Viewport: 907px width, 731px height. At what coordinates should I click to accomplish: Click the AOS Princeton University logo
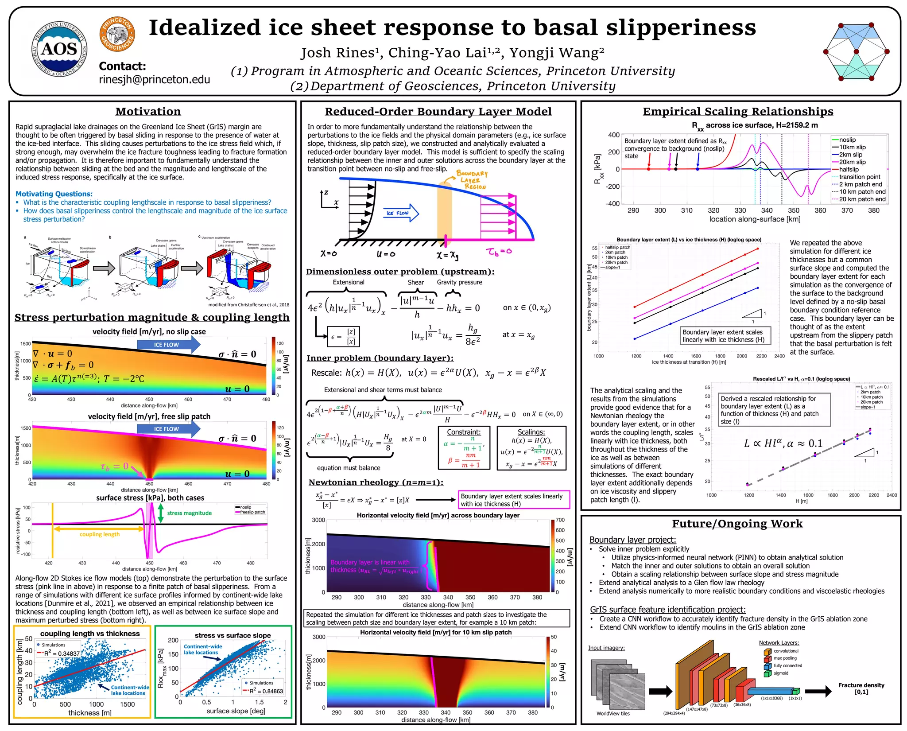point(59,49)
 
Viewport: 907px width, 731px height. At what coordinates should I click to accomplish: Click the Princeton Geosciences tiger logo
point(117,34)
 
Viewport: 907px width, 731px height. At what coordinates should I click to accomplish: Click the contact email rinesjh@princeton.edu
point(154,79)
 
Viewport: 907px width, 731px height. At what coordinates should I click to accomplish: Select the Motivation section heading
point(148,112)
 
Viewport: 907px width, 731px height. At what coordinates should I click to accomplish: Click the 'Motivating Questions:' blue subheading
point(54,194)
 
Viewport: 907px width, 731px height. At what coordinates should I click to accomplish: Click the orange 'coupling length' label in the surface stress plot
point(100,534)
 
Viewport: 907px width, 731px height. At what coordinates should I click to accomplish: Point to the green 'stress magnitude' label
point(189,513)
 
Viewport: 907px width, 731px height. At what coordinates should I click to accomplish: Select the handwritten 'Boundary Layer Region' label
point(472,180)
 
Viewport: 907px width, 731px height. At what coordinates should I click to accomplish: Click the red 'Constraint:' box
point(464,447)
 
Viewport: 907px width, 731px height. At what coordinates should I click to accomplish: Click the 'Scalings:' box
point(531,447)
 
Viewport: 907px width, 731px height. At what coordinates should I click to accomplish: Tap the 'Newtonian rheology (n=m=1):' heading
point(376,482)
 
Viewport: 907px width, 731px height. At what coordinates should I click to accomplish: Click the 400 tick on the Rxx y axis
point(613,135)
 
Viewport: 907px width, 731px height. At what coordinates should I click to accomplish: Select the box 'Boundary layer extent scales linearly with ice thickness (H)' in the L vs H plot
point(725,336)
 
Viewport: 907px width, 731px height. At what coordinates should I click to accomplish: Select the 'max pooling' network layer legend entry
point(785,658)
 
